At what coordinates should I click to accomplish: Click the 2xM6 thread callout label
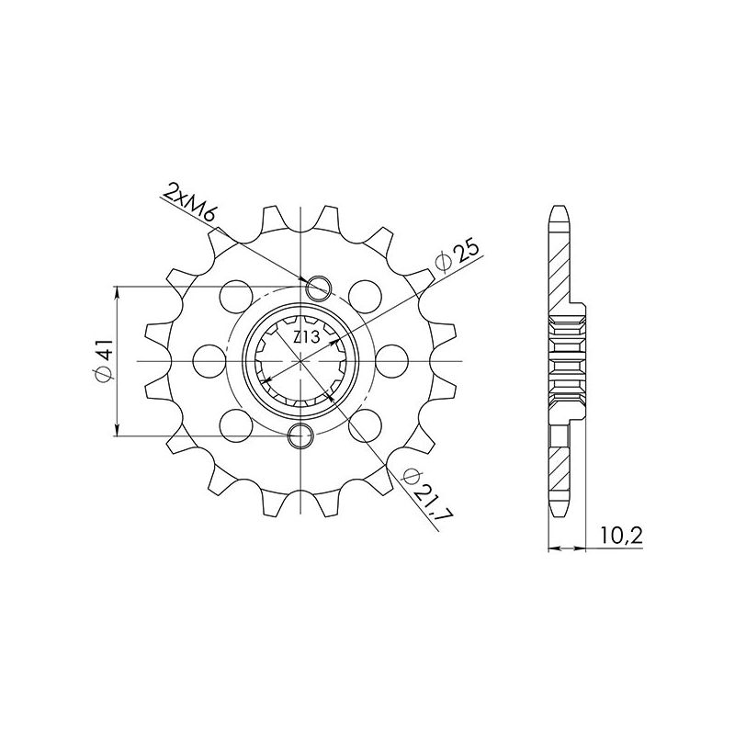click(x=190, y=205)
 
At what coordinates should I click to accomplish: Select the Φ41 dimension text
click(x=103, y=361)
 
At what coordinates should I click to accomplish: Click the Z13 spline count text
click(x=305, y=338)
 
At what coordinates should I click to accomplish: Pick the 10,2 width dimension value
click(x=620, y=535)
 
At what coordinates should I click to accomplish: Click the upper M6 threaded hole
click(x=319, y=288)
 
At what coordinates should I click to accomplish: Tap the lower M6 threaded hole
click(x=301, y=435)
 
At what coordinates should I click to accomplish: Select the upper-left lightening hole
click(x=236, y=297)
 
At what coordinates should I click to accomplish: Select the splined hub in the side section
click(x=566, y=361)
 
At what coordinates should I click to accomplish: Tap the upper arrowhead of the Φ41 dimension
click(x=117, y=292)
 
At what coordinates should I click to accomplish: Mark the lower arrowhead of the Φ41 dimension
click(x=117, y=430)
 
